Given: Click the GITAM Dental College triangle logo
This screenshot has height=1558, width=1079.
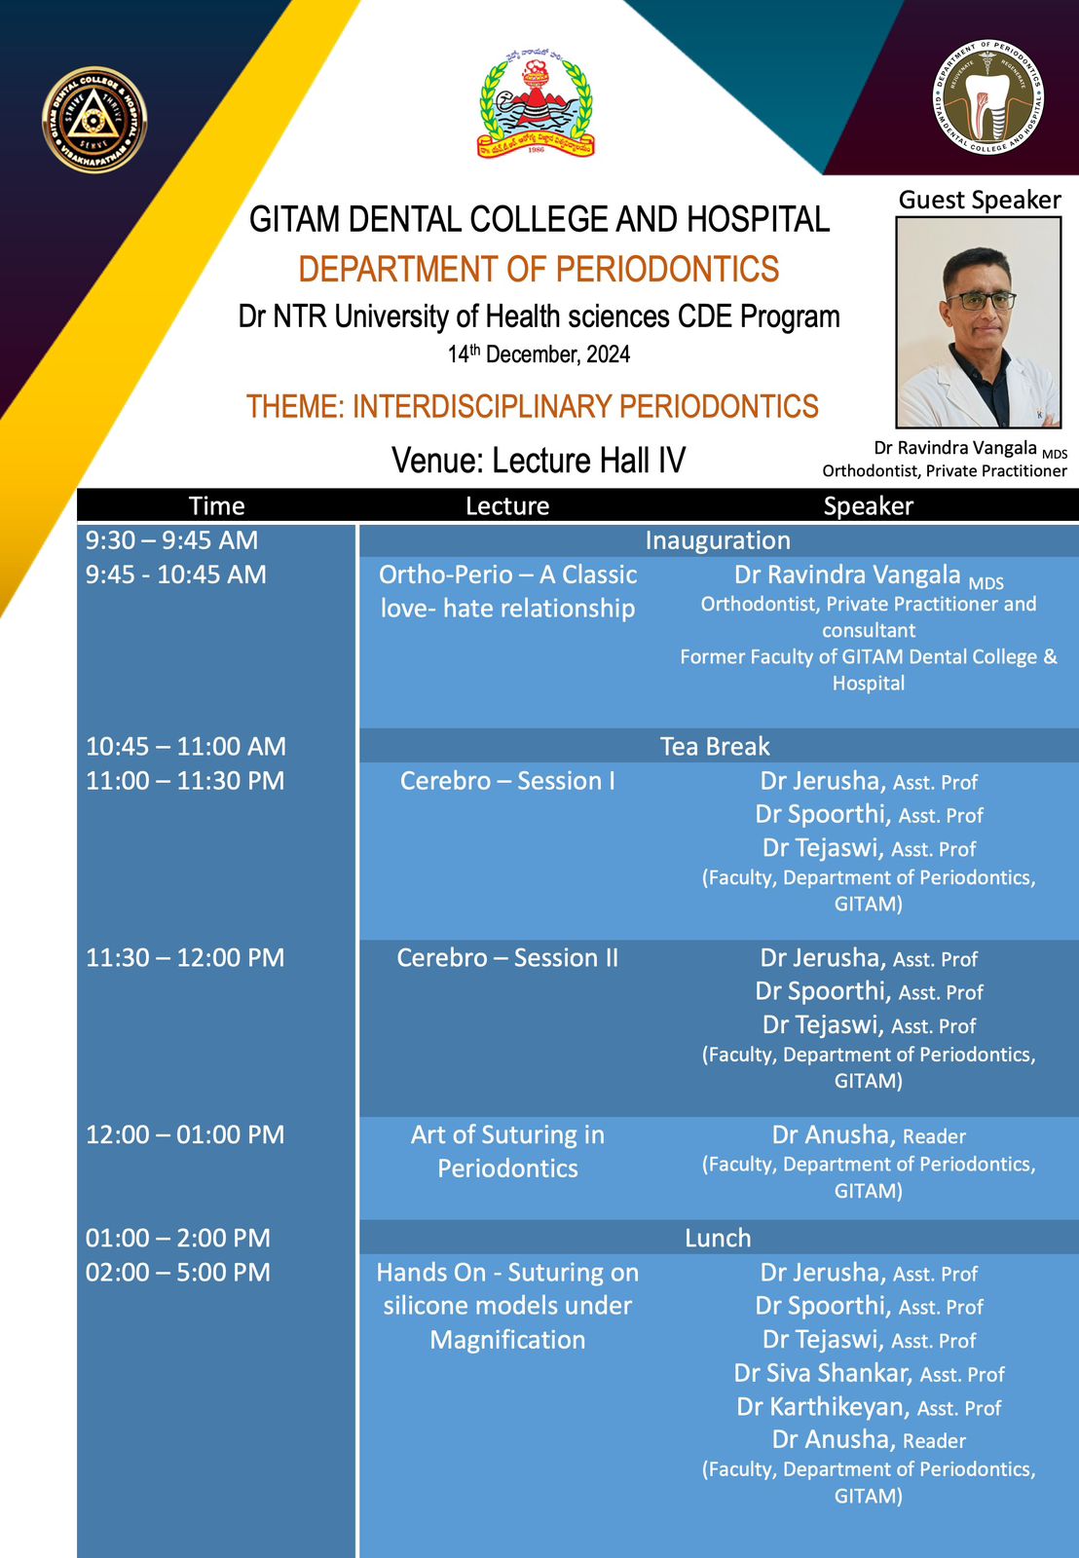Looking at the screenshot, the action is tap(94, 120).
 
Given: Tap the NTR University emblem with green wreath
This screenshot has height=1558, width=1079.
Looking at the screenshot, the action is tap(535, 104).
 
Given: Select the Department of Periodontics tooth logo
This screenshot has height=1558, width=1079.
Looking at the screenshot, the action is tap(987, 96).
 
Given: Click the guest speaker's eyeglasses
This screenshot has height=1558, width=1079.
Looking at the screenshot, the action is tap(981, 301).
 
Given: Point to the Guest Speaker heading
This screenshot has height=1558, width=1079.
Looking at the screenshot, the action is tap(980, 200).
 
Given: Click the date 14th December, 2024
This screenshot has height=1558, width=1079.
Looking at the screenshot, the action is tap(539, 354).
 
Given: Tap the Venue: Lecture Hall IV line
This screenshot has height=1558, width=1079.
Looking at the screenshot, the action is tap(539, 460).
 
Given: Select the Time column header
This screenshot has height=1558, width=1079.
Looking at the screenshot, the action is tap(216, 505).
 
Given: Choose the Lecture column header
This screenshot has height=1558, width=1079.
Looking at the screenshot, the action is tap(507, 505).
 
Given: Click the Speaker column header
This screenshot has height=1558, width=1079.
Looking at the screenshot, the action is tap(869, 505).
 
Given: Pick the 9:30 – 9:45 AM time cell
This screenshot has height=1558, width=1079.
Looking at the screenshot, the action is tap(171, 540).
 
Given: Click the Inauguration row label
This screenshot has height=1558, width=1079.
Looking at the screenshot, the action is tap(718, 540).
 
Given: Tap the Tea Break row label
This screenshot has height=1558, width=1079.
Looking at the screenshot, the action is tap(715, 746).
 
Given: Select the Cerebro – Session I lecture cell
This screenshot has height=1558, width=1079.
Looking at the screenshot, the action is tap(507, 780).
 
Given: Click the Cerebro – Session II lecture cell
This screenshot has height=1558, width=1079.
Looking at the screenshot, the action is tap(507, 958).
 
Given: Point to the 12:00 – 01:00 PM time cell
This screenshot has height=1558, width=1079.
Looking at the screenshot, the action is tap(185, 1134).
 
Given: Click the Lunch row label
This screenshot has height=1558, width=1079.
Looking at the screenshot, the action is tap(718, 1238).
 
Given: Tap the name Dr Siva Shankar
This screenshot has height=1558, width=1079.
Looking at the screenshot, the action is tap(822, 1373).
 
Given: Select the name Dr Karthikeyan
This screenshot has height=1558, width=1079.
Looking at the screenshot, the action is tap(823, 1407).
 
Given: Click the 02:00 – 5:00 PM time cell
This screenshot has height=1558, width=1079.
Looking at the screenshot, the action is tap(178, 1272).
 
